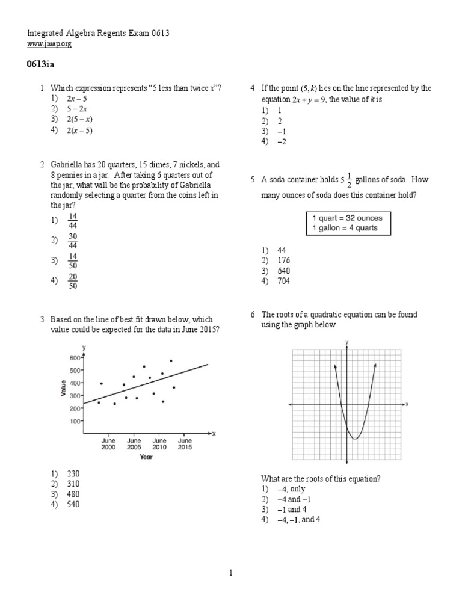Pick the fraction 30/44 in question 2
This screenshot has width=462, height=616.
pyautogui.click(x=73, y=241)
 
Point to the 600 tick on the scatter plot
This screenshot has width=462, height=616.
pyautogui.click(x=74, y=357)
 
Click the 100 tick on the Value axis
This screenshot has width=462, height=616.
pyautogui.click(x=74, y=421)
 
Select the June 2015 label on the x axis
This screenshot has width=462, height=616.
pyautogui.click(x=185, y=444)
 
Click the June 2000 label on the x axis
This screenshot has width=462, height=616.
pyautogui.click(x=108, y=444)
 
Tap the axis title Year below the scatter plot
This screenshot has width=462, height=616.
pyautogui.click(x=146, y=457)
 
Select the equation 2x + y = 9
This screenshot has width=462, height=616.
pyautogui.click(x=301, y=99)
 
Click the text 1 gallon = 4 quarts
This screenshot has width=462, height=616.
pyautogui.click(x=347, y=228)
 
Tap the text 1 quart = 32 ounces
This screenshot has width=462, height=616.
pyautogui.click(x=347, y=218)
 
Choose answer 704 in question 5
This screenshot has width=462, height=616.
pyautogui.click(x=284, y=281)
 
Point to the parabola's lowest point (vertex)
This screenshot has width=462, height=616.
pyautogui.click(x=355, y=439)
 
